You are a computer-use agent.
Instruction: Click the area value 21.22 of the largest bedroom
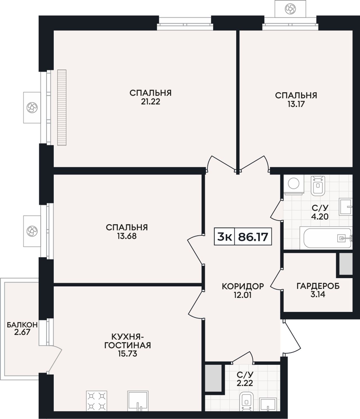coord(150,102)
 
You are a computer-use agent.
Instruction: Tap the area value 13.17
coord(296,104)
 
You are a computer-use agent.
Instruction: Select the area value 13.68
coord(127,236)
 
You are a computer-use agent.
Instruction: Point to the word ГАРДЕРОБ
coord(318,286)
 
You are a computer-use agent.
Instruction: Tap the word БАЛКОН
coord(22,325)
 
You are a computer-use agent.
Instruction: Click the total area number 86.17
coord(253,237)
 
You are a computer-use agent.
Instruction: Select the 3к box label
coord(225,237)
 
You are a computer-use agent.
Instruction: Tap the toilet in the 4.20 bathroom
coord(318,185)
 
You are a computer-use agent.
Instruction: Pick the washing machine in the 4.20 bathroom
coord(294,185)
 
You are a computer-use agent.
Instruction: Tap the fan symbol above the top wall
coord(290,9)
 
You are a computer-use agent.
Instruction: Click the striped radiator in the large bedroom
coord(62,107)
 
